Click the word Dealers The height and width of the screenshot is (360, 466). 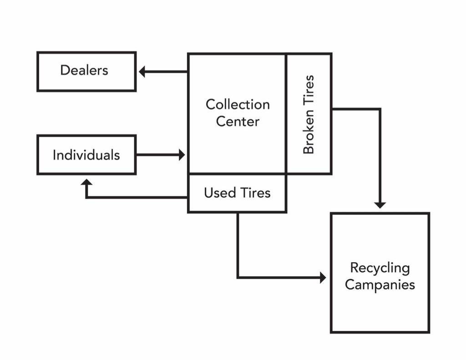point(84,71)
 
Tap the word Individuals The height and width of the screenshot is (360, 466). point(86,155)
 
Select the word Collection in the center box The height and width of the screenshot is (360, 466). point(238,104)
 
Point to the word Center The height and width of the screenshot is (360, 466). point(238,121)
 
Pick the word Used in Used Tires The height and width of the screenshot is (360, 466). point(220,193)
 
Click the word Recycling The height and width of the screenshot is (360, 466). point(380,269)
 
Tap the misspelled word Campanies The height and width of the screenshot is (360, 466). point(380,284)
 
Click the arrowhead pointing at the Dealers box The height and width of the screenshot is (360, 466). point(142,71)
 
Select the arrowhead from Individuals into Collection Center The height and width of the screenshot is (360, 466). point(182,155)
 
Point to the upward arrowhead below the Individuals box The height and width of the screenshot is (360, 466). point(86,182)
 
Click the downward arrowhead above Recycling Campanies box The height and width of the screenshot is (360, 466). point(380,205)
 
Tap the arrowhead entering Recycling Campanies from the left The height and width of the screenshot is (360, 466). point(323,278)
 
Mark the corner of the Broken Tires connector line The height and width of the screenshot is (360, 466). point(380,109)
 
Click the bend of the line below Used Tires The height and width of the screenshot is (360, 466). point(238,278)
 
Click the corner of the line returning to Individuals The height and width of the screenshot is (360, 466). point(86,197)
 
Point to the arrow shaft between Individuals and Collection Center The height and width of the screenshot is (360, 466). point(157,155)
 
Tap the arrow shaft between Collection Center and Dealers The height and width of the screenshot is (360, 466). point(166,71)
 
